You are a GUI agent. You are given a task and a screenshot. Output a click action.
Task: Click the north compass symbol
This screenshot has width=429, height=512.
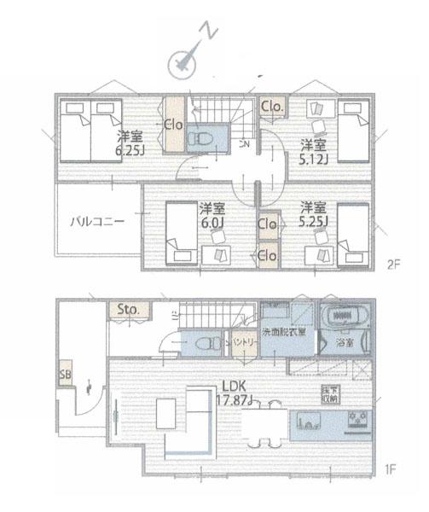pyautogui.click(x=182, y=61)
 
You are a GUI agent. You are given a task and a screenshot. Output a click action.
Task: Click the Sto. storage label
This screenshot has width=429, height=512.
pyautogui.click(x=129, y=308)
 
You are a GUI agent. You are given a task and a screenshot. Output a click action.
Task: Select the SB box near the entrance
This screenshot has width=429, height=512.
pyautogui.click(x=66, y=374)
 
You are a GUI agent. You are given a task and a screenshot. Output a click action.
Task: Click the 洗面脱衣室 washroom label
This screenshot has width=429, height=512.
pyautogui.click(x=282, y=332)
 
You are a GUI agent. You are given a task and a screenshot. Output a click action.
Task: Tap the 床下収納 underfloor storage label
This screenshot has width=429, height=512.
pyautogui.click(x=329, y=394)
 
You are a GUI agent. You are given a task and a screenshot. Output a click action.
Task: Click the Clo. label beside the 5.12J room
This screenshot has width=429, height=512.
pyautogui.click(x=272, y=107)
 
